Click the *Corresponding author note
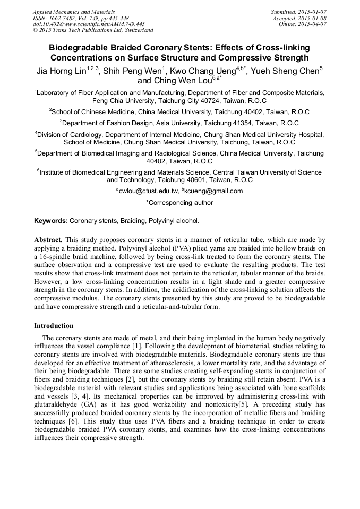click(x=179, y=202)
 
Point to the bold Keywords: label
click(x=50, y=220)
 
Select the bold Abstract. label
click(x=48, y=240)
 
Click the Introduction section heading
click(x=54, y=325)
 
